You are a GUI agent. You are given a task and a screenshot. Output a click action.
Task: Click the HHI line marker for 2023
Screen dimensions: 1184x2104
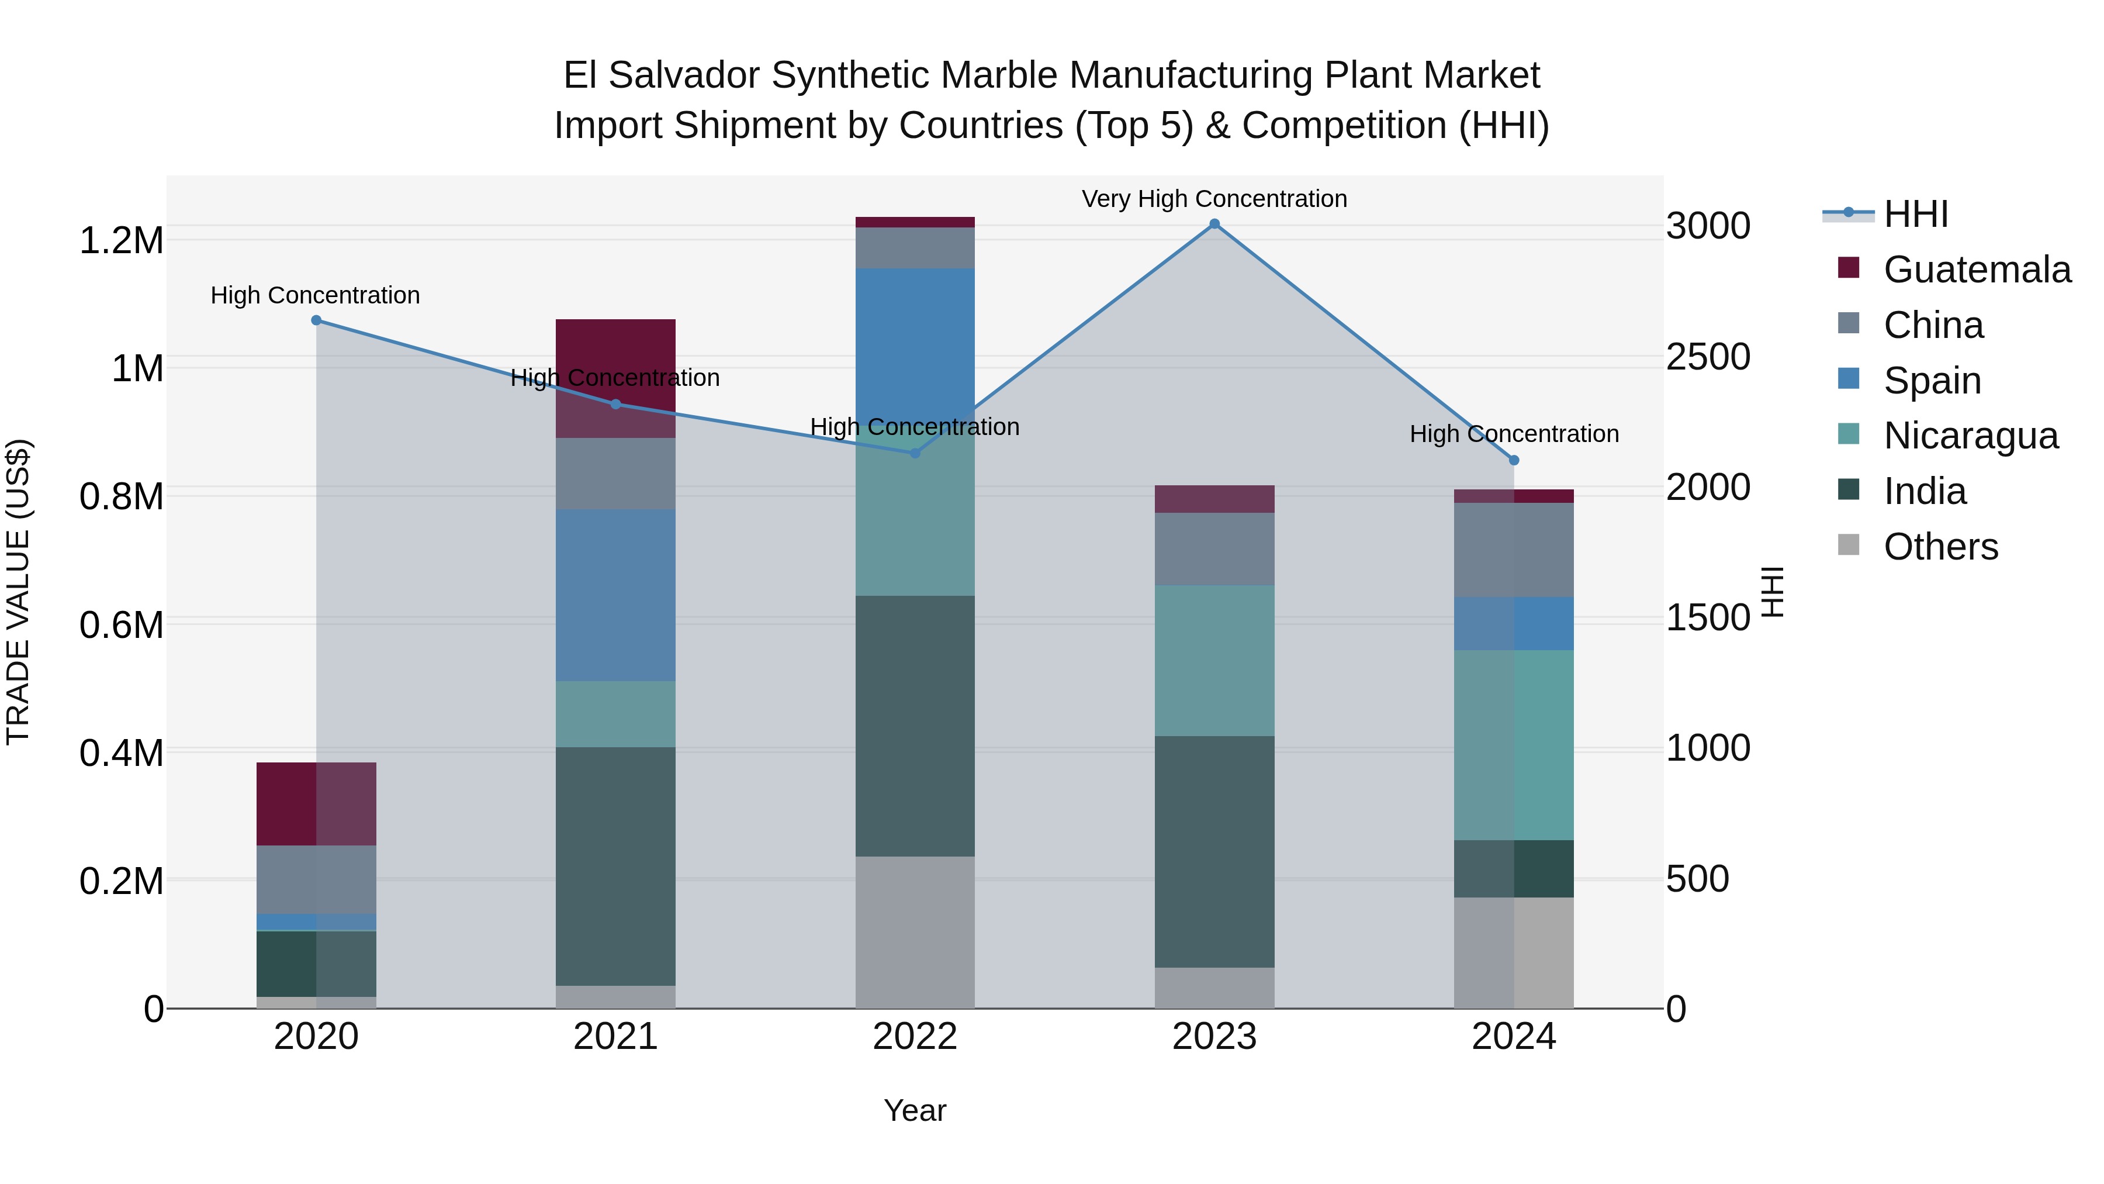(1214, 224)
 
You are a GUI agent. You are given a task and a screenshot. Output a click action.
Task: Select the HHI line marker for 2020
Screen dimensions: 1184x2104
(316, 320)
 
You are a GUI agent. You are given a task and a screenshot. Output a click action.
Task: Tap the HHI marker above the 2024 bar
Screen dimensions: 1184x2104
(1514, 460)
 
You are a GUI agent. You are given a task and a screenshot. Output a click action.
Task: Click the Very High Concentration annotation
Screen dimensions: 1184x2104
(1214, 199)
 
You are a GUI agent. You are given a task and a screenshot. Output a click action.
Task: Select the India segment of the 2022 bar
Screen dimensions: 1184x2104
(915, 726)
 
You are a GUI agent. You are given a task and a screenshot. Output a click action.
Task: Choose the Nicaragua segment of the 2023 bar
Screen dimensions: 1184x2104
(1214, 660)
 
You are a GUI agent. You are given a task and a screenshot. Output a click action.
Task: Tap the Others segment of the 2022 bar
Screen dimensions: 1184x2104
(915, 931)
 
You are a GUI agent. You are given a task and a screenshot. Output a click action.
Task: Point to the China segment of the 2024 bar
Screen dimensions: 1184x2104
(1514, 550)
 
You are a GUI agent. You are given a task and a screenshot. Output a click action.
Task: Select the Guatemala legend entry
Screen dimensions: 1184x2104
(1977, 270)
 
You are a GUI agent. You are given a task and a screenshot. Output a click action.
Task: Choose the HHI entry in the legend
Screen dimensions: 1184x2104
(1915, 214)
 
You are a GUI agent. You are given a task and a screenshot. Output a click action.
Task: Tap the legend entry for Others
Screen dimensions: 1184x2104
(1940, 547)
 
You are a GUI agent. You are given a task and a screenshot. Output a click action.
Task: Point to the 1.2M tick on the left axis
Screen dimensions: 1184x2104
(121, 240)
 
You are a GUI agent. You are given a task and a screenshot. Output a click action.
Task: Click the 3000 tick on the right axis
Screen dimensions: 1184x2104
(1708, 226)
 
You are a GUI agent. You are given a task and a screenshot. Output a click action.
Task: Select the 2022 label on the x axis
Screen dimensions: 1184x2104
(915, 1037)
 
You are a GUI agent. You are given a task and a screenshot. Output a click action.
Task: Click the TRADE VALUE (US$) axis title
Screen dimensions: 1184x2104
(18, 592)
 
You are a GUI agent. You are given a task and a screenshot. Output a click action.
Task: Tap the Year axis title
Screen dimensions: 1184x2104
(915, 1110)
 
